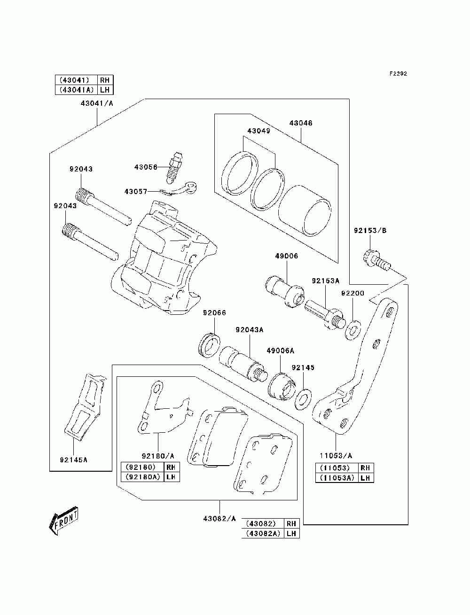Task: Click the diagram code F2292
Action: tap(398, 74)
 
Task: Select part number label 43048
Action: tap(301, 123)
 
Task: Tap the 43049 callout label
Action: tap(258, 131)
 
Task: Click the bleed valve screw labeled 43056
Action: tap(174, 168)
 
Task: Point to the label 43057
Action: tap(136, 192)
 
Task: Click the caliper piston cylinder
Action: tap(305, 210)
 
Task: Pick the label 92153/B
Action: tap(370, 231)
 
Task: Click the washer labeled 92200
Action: tap(353, 329)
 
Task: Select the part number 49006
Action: tap(286, 256)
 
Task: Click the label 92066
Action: tap(214, 313)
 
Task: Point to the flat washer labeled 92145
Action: tap(303, 399)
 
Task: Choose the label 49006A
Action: tap(280, 350)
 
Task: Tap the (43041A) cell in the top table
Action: tap(76, 90)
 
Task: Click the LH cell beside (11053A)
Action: tap(366, 477)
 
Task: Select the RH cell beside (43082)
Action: tap(291, 523)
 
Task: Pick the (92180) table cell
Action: tap(142, 467)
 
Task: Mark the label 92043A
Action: tap(250, 330)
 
